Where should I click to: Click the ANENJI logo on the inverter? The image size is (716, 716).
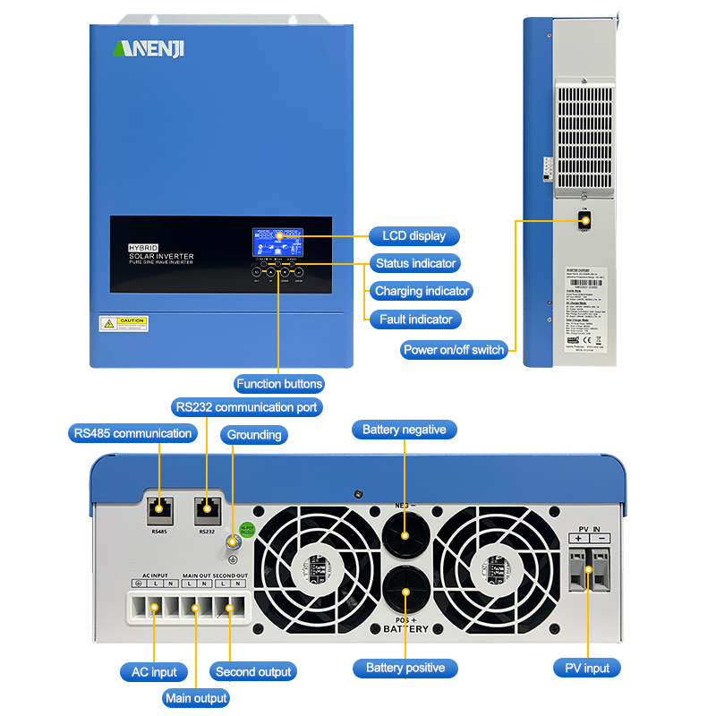click(x=149, y=48)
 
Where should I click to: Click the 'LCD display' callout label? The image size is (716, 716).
click(x=414, y=236)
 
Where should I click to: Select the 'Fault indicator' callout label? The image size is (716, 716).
click(x=416, y=319)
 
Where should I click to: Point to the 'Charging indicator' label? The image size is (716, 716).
click(x=422, y=291)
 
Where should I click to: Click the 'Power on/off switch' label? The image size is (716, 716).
click(x=454, y=350)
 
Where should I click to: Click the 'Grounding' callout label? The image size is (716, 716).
click(x=254, y=435)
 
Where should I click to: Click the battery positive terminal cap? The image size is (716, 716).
click(x=404, y=592)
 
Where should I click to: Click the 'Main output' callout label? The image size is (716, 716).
click(x=196, y=698)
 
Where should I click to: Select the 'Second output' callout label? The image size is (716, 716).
click(x=254, y=671)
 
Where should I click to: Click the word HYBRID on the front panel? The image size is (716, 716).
click(x=144, y=246)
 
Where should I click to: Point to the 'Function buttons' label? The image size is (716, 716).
click(x=279, y=384)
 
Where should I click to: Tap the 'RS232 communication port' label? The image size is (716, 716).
click(x=246, y=407)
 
